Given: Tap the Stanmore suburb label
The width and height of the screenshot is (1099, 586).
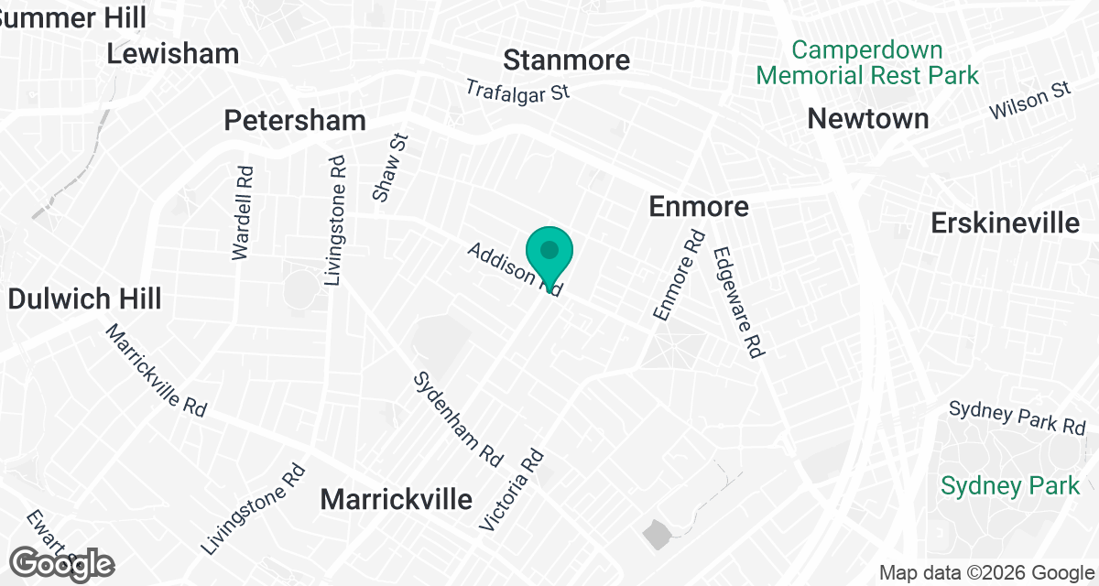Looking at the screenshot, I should [x=567, y=60].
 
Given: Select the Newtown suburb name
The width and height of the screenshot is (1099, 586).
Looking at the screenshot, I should [x=868, y=118].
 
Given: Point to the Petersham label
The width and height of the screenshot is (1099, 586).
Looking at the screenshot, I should [x=295, y=120].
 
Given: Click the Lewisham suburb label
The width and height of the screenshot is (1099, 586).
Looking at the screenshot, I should [x=173, y=53].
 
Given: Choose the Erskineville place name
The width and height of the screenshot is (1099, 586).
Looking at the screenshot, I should [x=1005, y=222].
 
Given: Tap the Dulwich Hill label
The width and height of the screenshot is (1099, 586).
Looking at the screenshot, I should [x=84, y=298].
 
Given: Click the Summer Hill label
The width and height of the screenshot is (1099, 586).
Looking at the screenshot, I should [x=60, y=16].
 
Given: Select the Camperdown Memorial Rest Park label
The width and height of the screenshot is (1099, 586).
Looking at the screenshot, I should [x=868, y=61].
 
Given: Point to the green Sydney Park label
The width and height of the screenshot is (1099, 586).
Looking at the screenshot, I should [x=1010, y=484].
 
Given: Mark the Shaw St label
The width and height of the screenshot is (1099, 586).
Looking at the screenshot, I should [x=389, y=167].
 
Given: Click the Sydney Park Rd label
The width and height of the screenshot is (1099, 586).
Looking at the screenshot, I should [x=1017, y=418].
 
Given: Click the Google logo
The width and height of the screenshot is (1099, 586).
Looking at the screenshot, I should [x=63, y=564].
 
